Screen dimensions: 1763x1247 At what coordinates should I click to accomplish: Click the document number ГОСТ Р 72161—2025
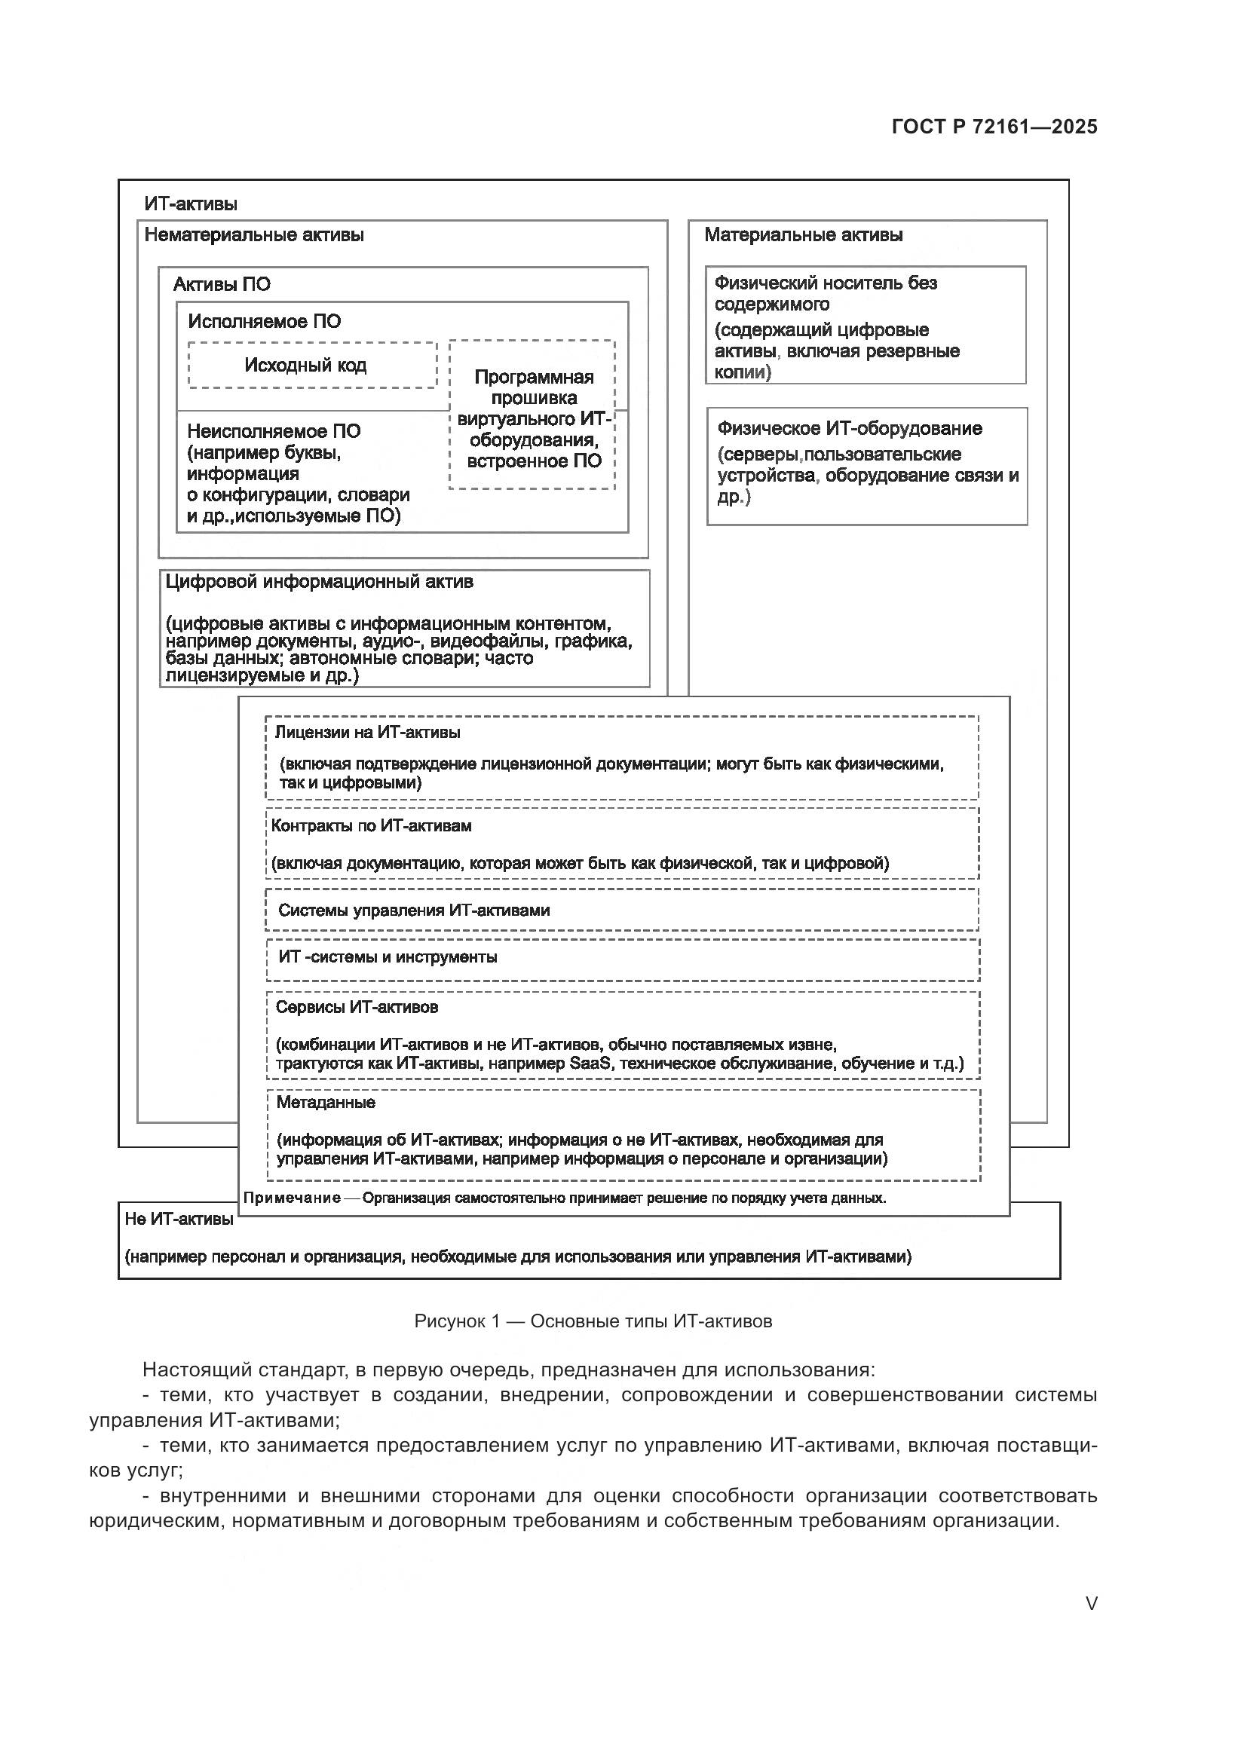(994, 127)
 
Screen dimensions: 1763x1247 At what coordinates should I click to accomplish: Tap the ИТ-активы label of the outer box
(191, 204)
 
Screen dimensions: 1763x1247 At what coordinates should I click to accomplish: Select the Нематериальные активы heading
(253, 235)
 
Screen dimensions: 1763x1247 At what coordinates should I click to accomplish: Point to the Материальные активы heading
(802, 235)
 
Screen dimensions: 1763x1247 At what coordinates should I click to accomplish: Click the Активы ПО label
(221, 285)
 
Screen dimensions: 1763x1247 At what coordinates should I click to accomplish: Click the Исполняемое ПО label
(264, 322)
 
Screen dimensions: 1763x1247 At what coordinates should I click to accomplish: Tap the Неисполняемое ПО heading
(274, 432)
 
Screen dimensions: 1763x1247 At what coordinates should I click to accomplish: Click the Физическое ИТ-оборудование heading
(849, 428)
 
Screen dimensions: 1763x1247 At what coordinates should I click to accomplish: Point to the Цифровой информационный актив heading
(320, 582)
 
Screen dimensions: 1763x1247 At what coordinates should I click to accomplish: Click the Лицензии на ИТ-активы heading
(367, 733)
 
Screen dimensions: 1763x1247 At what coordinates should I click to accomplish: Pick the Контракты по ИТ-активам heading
(371, 826)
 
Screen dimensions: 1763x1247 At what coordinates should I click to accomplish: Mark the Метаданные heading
(326, 1103)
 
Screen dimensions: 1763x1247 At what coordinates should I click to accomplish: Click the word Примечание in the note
(292, 1198)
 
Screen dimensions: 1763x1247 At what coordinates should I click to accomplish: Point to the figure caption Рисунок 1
(593, 1321)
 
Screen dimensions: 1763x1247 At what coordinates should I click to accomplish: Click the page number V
(1090, 1603)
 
